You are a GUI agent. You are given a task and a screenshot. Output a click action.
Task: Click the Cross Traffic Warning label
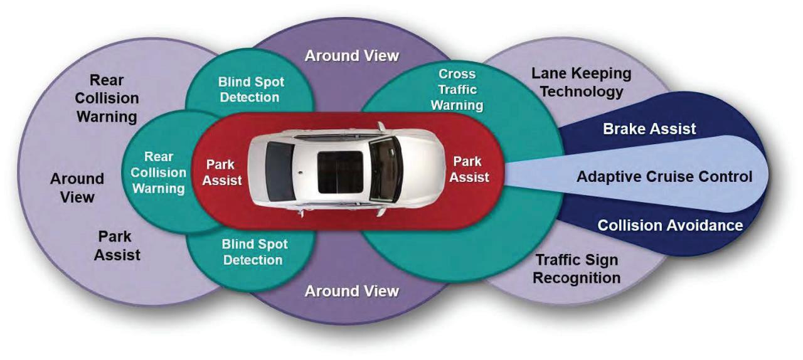(457, 89)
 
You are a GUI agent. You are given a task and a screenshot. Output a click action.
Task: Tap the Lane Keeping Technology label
(582, 82)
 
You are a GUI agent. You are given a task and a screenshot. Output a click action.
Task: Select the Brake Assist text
(649, 129)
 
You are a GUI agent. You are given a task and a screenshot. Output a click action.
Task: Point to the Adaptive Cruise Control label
(664, 176)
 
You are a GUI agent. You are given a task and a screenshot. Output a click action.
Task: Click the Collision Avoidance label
(670, 225)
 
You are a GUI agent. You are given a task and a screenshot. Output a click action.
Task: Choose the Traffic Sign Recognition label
(577, 268)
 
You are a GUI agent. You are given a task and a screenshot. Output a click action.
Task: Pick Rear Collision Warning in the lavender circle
(107, 98)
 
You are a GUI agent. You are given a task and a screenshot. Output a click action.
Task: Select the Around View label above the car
(351, 55)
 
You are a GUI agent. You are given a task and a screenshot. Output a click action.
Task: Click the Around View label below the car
(351, 291)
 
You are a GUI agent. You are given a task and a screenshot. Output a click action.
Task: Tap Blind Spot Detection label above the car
(251, 90)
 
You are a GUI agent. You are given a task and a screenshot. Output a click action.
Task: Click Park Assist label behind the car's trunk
(224, 172)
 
